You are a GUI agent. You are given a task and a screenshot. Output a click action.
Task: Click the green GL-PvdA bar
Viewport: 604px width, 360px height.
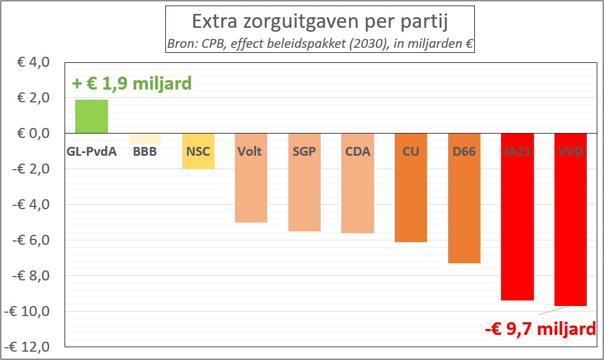[x=91, y=116]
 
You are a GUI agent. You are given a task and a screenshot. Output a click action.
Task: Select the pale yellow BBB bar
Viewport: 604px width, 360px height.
[x=145, y=139]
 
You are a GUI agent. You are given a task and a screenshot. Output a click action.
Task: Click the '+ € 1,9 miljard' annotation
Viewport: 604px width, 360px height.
[x=132, y=83]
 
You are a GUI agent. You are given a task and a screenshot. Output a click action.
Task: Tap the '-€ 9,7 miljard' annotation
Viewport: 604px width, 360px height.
[x=540, y=328]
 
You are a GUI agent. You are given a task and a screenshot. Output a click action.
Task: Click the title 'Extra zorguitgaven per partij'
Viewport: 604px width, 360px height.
[x=320, y=22]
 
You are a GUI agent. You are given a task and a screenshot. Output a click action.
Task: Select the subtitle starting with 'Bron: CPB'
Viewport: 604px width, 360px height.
[x=320, y=43]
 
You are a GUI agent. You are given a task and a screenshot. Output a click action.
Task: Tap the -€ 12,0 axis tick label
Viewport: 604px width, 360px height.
[x=29, y=347]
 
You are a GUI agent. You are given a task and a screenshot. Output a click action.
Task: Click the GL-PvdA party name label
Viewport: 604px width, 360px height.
[x=91, y=151]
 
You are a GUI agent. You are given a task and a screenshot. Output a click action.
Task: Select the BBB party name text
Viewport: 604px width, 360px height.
[x=145, y=151]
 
